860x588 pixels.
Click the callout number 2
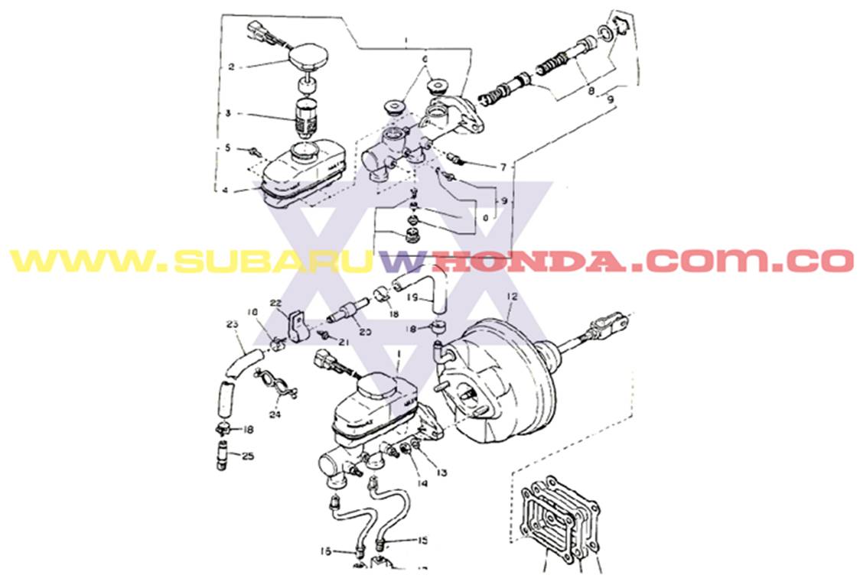[x=231, y=67]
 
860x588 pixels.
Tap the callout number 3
[x=228, y=114]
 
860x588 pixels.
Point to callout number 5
[x=227, y=147]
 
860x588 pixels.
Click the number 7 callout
[x=503, y=166]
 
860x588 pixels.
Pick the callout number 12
[x=512, y=296]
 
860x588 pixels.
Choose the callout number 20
[x=365, y=332]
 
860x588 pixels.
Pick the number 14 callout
[x=422, y=483]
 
